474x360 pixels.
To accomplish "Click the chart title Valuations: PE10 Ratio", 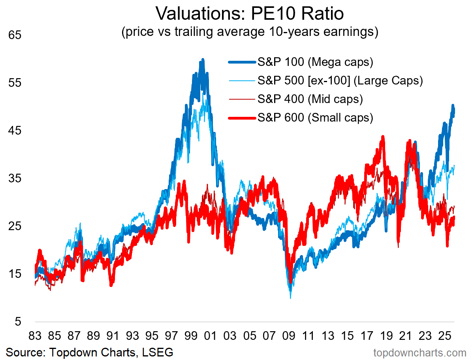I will click(x=250, y=13).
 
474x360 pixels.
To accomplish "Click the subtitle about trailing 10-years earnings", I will click(x=250, y=31).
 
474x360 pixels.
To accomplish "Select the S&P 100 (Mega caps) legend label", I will click(x=315, y=62).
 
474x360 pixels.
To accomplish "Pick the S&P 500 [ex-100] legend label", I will click(x=340, y=81).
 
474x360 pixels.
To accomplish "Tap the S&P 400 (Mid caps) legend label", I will click(x=310, y=99).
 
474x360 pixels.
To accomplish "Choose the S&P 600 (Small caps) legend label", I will click(x=315, y=117).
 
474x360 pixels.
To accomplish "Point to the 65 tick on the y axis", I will click(x=15, y=35).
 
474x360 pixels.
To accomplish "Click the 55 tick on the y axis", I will click(x=15, y=83).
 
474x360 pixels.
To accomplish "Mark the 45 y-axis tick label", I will click(x=15, y=131).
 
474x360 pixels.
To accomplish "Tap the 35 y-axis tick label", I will click(x=15, y=178).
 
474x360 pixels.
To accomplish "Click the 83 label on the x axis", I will click(x=35, y=337).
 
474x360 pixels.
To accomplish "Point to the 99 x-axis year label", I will click(x=191, y=337).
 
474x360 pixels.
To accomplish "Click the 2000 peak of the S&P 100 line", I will click(x=203, y=60).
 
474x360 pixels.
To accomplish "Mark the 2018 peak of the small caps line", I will click(x=383, y=137).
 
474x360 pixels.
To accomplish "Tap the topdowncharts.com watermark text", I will click(x=420, y=352).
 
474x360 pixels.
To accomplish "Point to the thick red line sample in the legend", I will click(x=242, y=117).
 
